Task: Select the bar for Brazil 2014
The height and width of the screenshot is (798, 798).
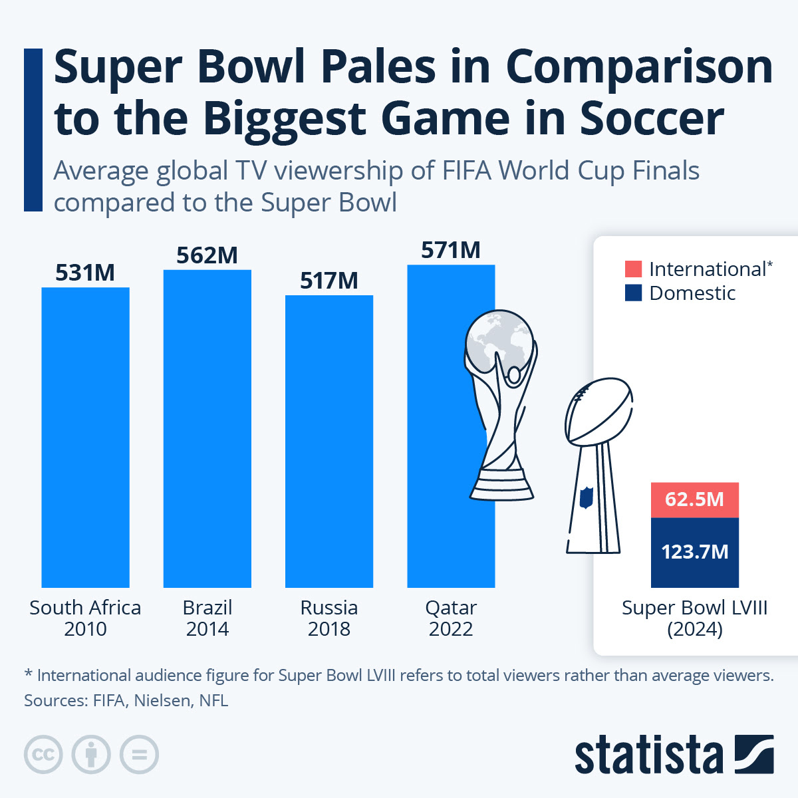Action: [x=207, y=429]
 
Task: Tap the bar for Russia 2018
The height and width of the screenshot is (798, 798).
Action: [x=329, y=442]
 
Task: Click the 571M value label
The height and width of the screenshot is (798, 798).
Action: [x=451, y=251]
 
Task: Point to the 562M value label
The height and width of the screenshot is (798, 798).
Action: [x=207, y=255]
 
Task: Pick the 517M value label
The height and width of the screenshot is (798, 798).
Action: [x=329, y=281]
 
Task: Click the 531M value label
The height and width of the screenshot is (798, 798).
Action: [x=85, y=273]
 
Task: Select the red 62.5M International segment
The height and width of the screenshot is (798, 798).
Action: [x=695, y=499]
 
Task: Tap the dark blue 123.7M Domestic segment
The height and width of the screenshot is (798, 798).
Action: [x=695, y=552]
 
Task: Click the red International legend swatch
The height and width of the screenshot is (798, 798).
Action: [x=633, y=269]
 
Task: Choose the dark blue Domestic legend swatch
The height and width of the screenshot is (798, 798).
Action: [x=633, y=293]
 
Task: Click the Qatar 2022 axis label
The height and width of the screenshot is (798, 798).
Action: [x=451, y=618]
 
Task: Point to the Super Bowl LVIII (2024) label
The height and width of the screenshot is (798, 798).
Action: [x=695, y=618]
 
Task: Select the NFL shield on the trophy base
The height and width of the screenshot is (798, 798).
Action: [x=586, y=497]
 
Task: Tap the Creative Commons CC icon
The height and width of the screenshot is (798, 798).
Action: [x=43, y=755]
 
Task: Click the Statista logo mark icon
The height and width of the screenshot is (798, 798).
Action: [x=754, y=755]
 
